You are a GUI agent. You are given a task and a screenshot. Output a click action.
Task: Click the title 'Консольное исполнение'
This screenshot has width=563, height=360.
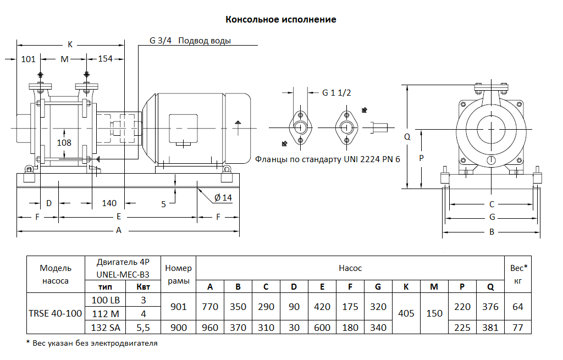pyautogui.click(x=281, y=20)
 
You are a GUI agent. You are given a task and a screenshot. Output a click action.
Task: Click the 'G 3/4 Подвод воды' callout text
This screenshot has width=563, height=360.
pyautogui.click(x=190, y=41)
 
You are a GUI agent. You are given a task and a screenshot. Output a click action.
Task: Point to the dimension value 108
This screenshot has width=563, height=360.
pyautogui.click(x=65, y=142)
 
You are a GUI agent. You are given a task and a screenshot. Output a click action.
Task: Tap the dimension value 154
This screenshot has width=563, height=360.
pyautogui.click(x=105, y=59)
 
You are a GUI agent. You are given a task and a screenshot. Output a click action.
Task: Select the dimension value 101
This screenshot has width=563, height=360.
pyautogui.click(x=28, y=59)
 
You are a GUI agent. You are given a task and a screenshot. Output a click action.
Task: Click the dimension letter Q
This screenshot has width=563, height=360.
pyautogui.click(x=407, y=137)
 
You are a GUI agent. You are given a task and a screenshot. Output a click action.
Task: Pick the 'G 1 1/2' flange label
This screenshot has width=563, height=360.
pyautogui.click(x=336, y=92)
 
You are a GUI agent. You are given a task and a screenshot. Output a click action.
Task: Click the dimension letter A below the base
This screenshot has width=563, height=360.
pyautogui.click(x=118, y=231)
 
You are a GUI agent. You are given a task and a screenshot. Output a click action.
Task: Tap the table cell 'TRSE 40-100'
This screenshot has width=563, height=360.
pyautogui.click(x=55, y=313)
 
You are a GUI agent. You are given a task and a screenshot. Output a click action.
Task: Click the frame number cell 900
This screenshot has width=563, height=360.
pyautogui.click(x=179, y=328)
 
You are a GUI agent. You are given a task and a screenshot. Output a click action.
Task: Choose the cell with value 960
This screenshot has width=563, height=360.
pyautogui.click(x=209, y=328)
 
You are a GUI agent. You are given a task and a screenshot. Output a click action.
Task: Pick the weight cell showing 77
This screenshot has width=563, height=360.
pyautogui.click(x=518, y=328)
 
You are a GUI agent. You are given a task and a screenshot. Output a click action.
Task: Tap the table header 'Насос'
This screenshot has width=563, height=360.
pyautogui.click(x=350, y=268)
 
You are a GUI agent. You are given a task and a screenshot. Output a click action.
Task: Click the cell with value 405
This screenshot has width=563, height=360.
pyautogui.click(x=406, y=313)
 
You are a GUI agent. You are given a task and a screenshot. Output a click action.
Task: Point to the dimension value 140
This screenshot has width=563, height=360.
pyautogui.click(x=109, y=203)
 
